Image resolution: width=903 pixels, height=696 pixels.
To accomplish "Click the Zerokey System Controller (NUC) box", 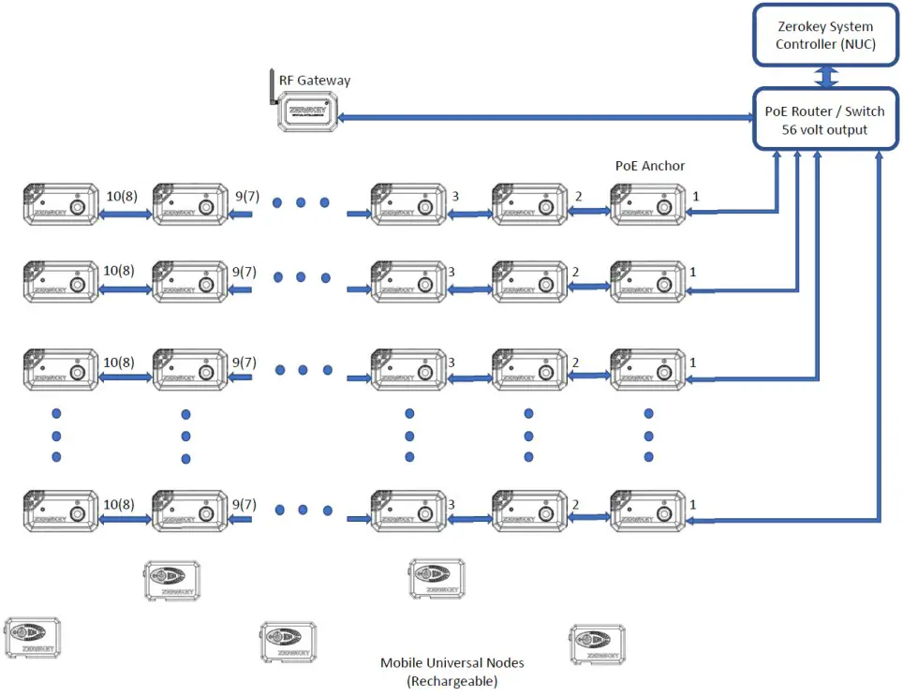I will tap(825, 36).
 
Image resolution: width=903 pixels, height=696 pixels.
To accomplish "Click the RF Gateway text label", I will tap(315, 81).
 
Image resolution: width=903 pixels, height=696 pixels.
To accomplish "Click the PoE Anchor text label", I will tap(649, 166).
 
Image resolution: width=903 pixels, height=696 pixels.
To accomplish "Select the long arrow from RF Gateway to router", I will tap(547, 118).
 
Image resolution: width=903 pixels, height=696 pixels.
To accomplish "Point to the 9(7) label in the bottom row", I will tap(244, 504).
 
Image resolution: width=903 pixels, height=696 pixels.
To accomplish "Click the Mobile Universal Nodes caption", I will tap(451, 663).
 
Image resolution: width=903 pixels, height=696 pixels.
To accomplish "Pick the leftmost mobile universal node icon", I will tap(33, 638).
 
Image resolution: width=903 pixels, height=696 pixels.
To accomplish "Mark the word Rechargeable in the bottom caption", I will tap(451, 681).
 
